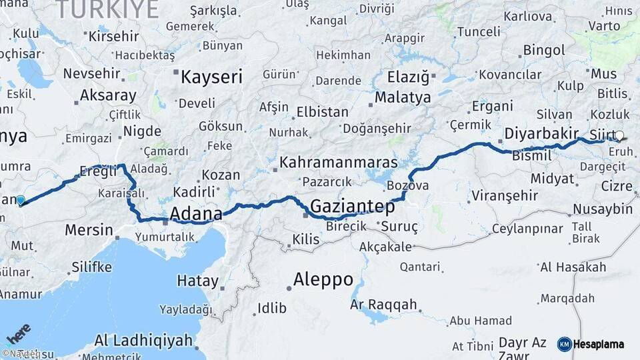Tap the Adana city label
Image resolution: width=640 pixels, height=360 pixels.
pyautogui.click(x=196, y=214)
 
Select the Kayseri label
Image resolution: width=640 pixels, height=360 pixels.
pyautogui.click(x=211, y=77)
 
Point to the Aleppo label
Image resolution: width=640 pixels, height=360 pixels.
pyautogui.click(x=323, y=279)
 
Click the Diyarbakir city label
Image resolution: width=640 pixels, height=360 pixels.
pyautogui.click(x=541, y=133)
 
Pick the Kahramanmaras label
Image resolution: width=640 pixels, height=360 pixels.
pyautogui.click(x=338, y=162)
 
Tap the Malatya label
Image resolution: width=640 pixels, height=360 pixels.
pyautogui.click(x=403, y=97)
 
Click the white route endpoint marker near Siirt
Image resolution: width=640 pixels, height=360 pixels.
pyautogui.click(x=619, y=136)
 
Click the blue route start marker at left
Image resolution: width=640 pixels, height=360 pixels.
pyautogui.click(x=21, y=200)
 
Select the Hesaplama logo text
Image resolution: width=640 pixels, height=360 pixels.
pyautogui.click(x=599, y=345)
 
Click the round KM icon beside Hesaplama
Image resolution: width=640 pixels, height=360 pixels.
pyautogui.click(x=564, y=345)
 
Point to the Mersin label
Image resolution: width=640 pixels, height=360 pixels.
pyautogui.click(x=89, y=230)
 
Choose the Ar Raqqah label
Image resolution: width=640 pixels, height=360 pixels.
pyautogui.click(x=383, y=305)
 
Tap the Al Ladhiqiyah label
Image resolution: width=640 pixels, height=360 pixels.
pyautogui.click(x=143, y=339)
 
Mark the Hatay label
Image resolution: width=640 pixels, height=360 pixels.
pyautogui.click(x=193, y=281)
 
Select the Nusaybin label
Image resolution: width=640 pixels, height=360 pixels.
pyautogui.click(x=603, y=209)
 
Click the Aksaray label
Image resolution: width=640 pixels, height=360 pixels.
pyautogui.click(x=107, y=95)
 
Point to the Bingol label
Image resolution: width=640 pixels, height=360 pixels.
pyautogui.click(x=544, y=50)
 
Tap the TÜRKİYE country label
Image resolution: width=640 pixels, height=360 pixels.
pyautogui.click(x=107, y=9)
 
